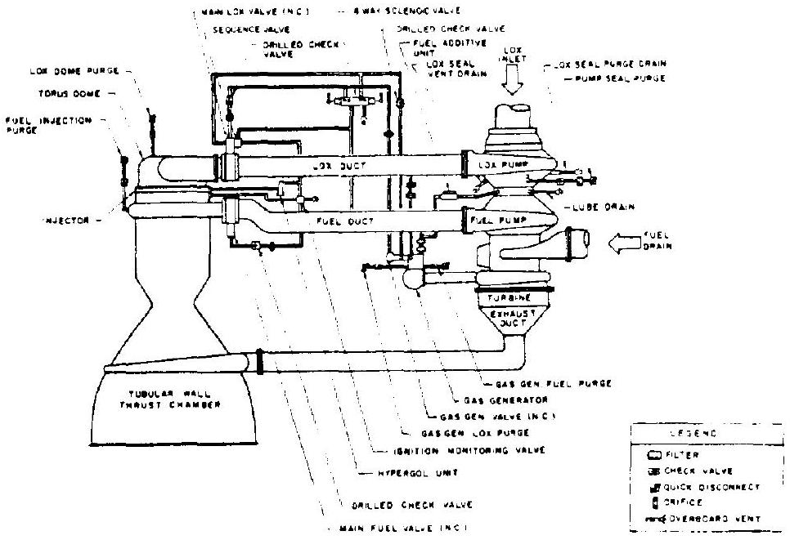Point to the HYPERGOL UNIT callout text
click(x=387, y=473)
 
